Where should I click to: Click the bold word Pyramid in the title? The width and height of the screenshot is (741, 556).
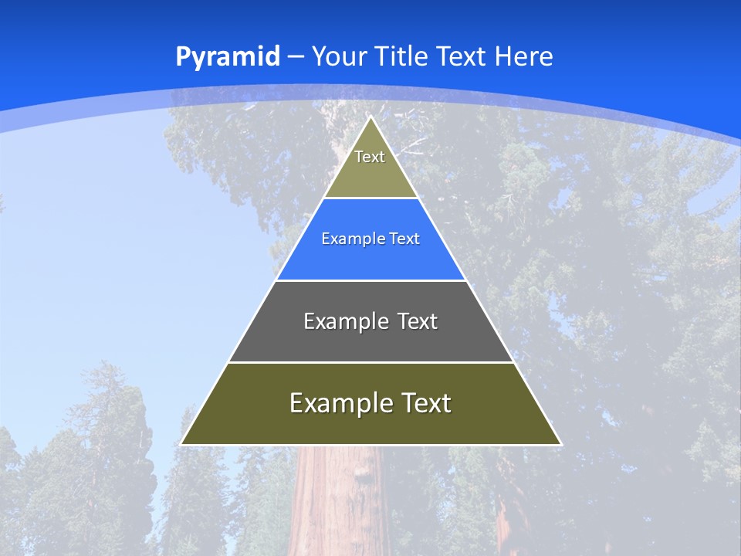pyautogui.click(x=227, y=57)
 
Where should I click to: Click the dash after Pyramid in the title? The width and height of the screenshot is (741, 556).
pyautogui.click(x=295, y=57)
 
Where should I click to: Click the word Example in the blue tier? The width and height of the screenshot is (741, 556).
pyautogui.click(x=349, y=239)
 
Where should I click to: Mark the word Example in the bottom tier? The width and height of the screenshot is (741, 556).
pyautogui.click(x=340, y=403)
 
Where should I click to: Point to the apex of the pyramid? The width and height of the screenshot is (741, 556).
pyautogui.click(x=370, y=117)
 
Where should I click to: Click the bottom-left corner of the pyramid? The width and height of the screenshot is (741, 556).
pyautogui.click(x=182, y=444)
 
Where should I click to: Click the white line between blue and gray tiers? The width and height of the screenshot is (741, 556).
pyautogui.click(x=370, y=280)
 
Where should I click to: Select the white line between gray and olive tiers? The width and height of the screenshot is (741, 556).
pyautogui.click(x=370, y=362)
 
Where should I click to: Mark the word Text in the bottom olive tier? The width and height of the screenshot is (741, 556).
pyautogui.click(x=424, y=403)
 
